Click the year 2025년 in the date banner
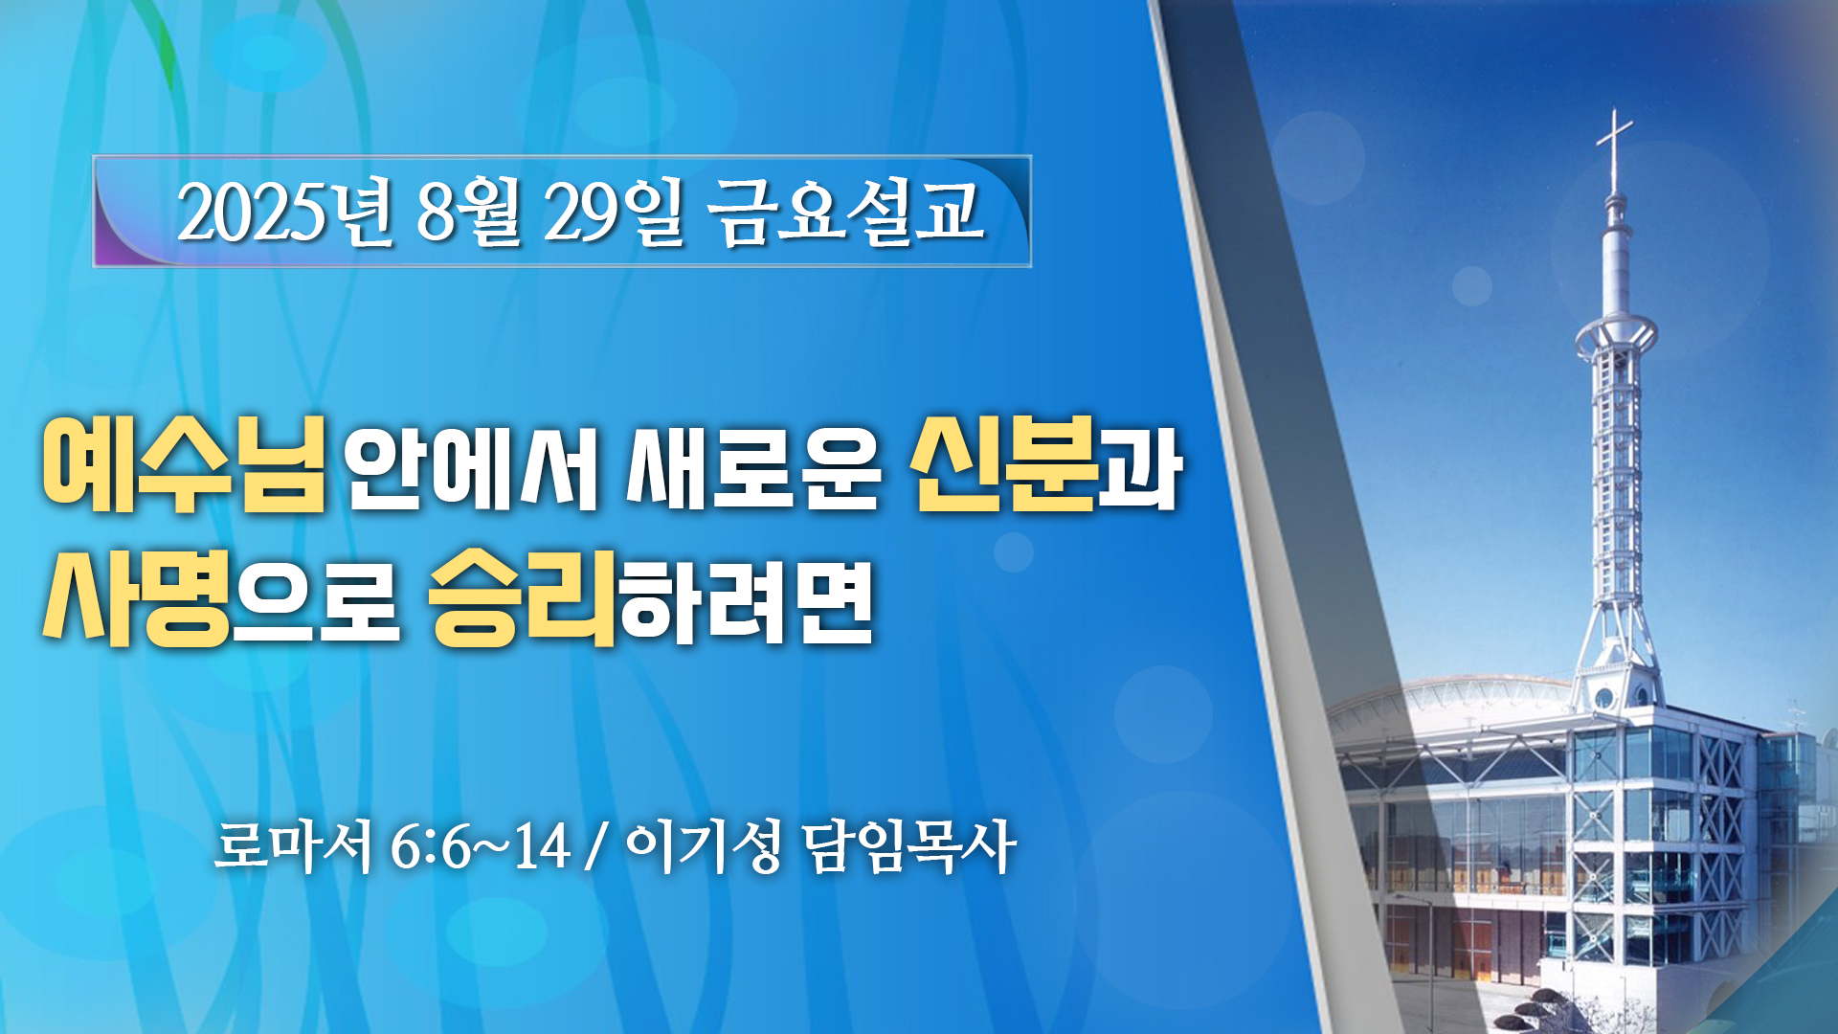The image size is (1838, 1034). pos(285,212)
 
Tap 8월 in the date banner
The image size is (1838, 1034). pos(469,212)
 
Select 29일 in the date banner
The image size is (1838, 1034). pos(615,212)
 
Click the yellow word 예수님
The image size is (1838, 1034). pos(184,464)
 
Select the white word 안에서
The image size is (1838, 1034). pos(471,466)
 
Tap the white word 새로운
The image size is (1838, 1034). pos(753,466)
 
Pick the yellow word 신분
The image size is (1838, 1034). pos(1004,464)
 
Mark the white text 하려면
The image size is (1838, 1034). pos(747,598)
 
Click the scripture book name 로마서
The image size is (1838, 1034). pos(293,846)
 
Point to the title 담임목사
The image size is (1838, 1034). pos(908,846)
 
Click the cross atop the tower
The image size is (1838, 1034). pos(1615,149)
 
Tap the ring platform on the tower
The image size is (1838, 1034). pos(1616,336)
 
